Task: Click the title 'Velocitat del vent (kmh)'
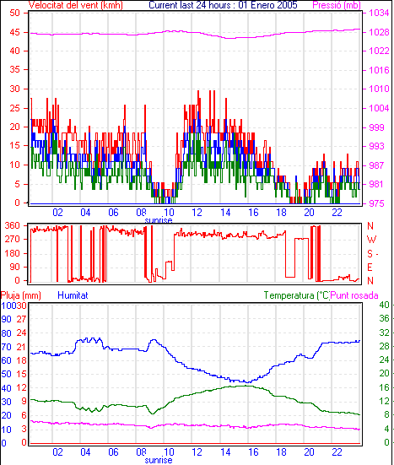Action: [x=76, y=5]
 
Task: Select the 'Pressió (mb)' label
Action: [x=337, y=5]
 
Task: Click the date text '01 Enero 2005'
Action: [x=267, y=5]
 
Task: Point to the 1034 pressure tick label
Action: [x=379, y=13]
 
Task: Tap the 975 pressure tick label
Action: [x=376, y=203]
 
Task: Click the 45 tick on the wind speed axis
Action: [x=15, y=32]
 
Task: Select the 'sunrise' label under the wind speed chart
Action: [x=159, y=220]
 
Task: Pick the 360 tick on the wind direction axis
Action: [x=12, y=225]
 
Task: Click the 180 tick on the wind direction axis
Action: [x=12, y=253]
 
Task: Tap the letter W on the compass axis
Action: [x=371, y=240]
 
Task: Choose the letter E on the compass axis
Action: [x=370, y=268]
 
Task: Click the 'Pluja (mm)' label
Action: [x=21, y=295]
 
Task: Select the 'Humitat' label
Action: [x=73, y=295]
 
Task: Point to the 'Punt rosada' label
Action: [x=354, y=295]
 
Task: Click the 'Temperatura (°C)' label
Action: [x=297, y=295]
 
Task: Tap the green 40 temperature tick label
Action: [x=384, y=305]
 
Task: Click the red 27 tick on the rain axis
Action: [x=21, y=319]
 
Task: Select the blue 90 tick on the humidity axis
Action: [x=6, y=319]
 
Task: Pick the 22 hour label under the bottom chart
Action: [x=337, y=452]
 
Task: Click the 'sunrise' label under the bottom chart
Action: [x=159, y=460]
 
